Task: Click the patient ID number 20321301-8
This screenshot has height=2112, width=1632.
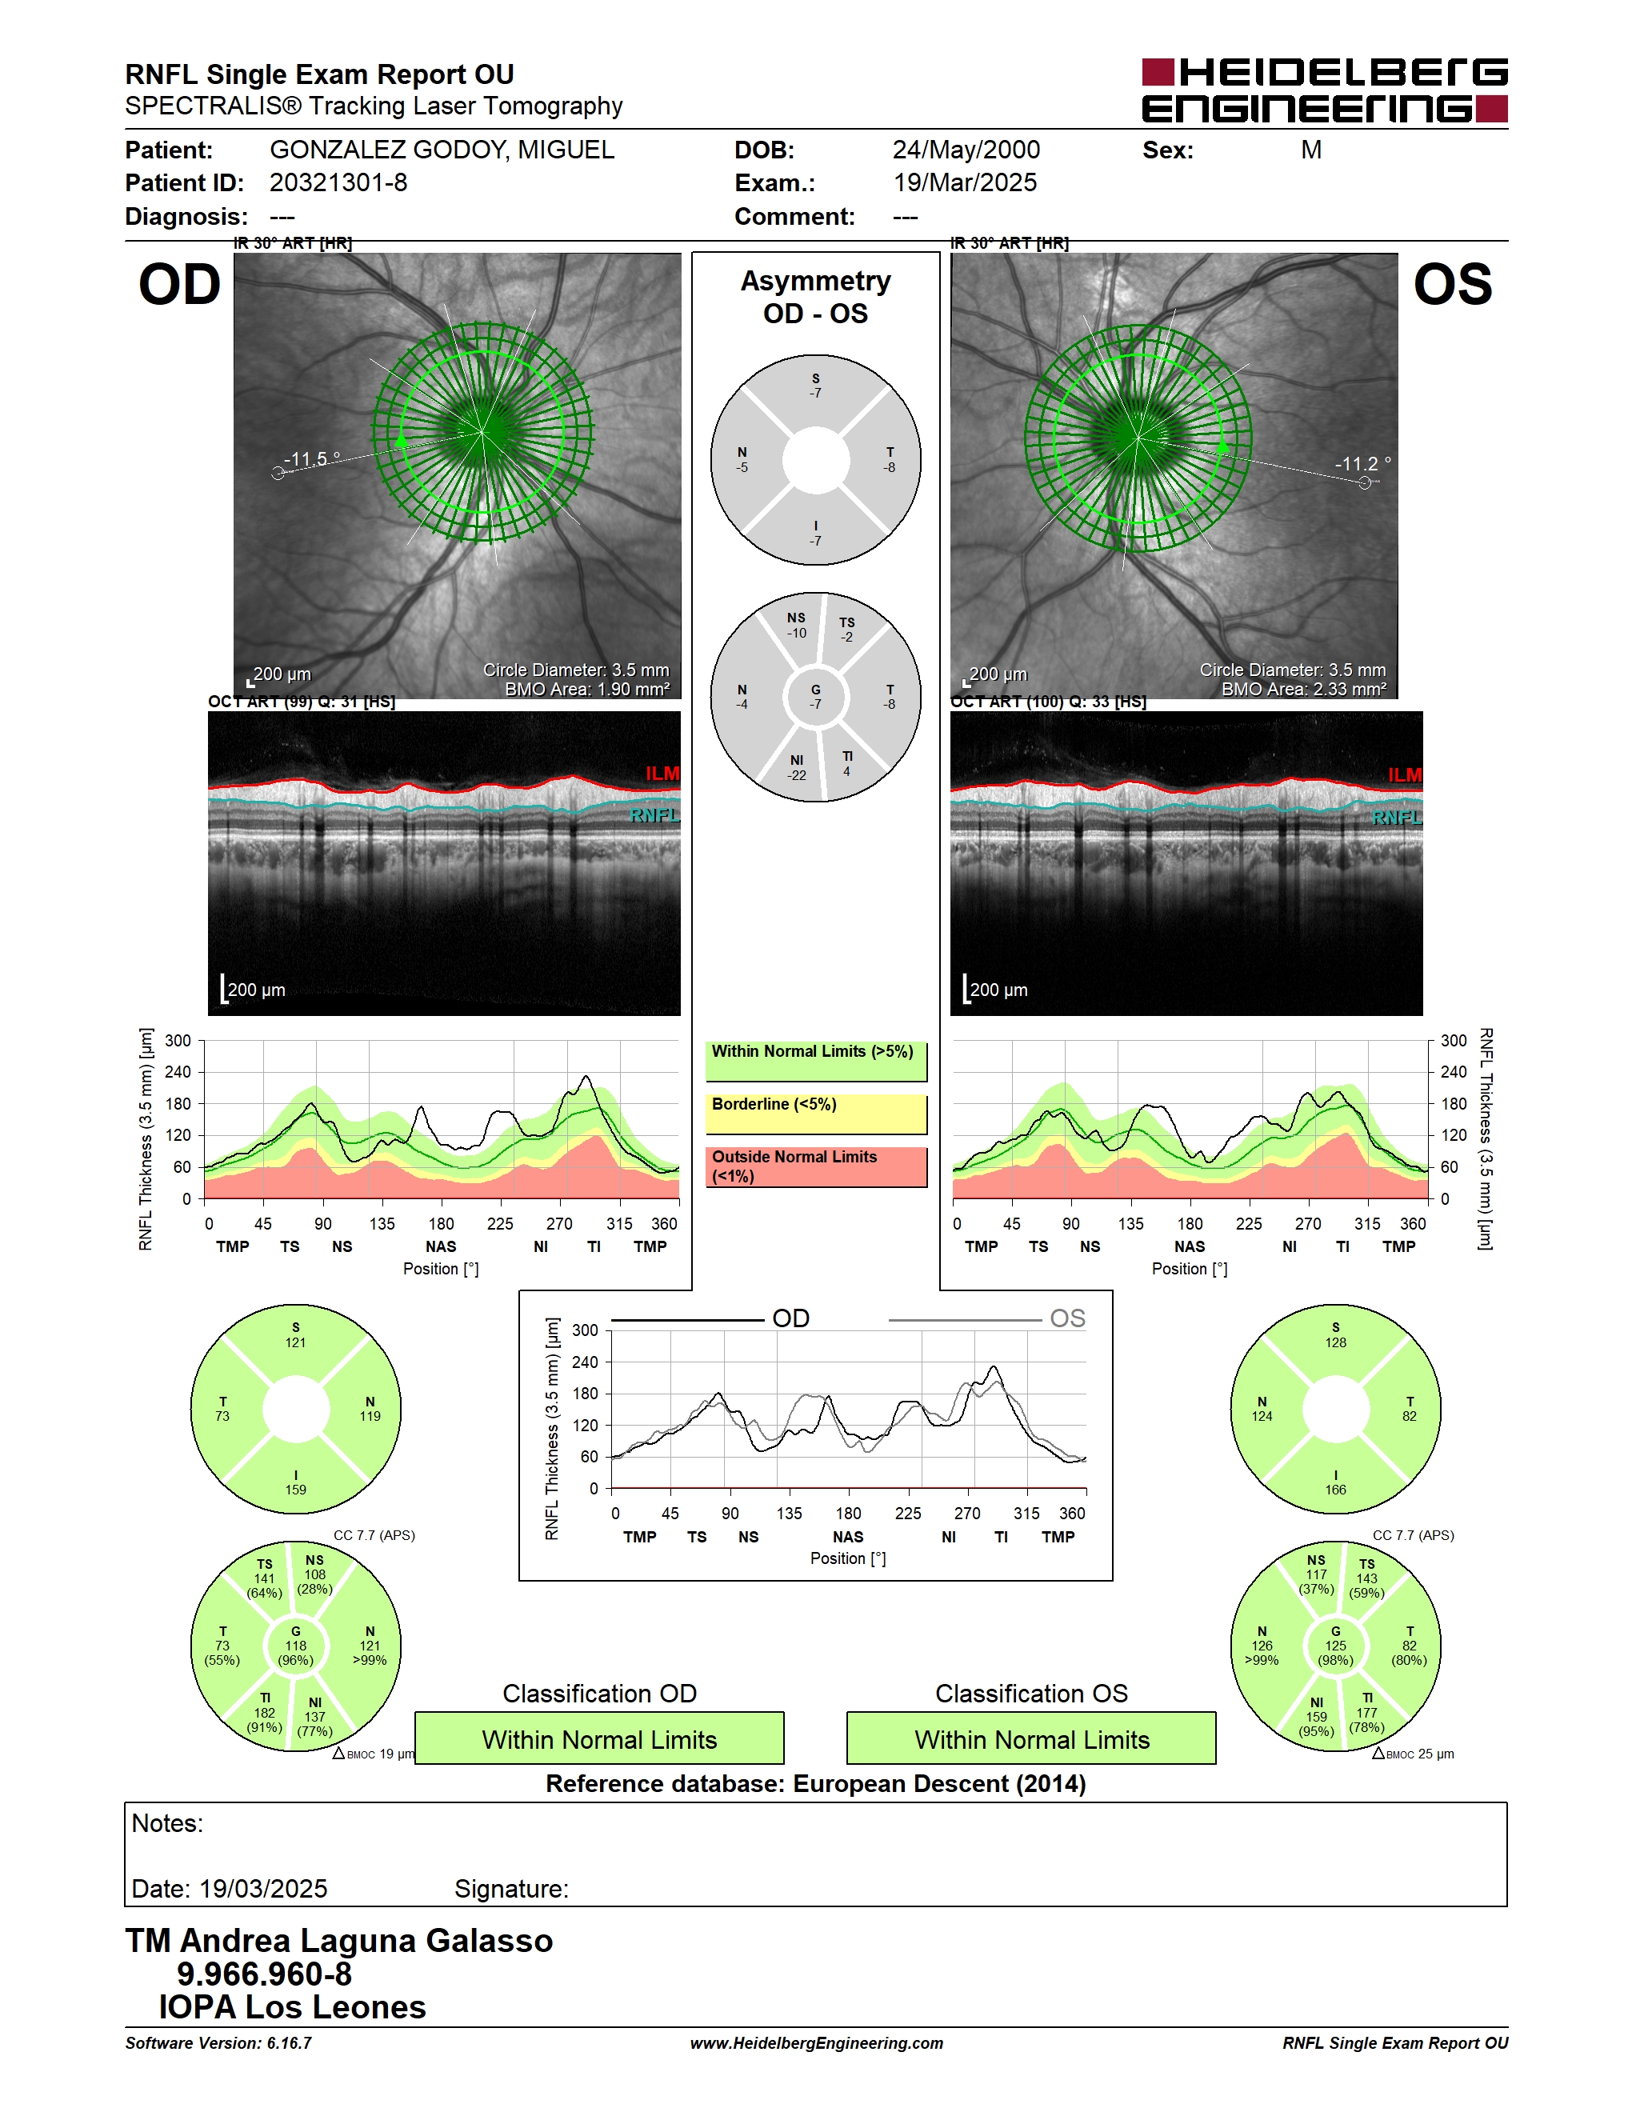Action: coord(338,182)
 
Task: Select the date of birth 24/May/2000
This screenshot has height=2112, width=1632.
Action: coord(966,150)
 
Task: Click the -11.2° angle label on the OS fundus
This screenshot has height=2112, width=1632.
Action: coord(1363,464)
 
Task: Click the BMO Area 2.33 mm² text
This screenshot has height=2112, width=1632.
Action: coord(1303,690)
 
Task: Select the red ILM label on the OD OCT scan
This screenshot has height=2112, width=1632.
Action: coord(662,774)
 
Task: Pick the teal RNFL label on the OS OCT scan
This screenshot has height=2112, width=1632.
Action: coord(1397,818)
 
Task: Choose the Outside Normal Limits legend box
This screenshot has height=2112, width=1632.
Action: coord(816,1166)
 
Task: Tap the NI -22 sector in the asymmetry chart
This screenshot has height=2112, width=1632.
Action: coord(797,768)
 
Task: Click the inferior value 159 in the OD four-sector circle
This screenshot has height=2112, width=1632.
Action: coord(296,1490)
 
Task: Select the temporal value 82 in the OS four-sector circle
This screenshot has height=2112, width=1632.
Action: coord(1410,1417)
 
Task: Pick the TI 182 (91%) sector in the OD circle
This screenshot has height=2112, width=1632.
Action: coord(265,1713)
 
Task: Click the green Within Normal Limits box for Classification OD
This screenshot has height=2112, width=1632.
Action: coord(599,1738)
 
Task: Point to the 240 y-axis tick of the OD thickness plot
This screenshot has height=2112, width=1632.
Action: coord(178,1071)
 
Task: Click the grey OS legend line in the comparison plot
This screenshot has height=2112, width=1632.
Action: coord(965,1320)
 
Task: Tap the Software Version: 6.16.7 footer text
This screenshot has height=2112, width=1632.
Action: coord(218,2043)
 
